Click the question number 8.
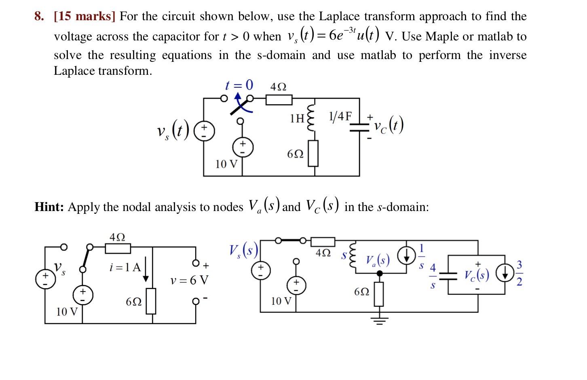coord(39,16)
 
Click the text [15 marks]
coord(84,16)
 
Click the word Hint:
coord(49,207)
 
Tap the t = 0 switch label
coord(239,85)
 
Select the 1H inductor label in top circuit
coord(297,118)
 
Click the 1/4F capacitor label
coord(340,116)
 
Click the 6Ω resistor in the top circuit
coord(313,154)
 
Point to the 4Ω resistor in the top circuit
coord(279,99)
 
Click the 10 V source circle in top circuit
coord(243,148)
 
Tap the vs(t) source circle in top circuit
coord(204,131)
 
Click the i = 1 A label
coord(125,267)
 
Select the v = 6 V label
coord(189,280)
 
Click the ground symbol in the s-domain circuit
coord(379,321)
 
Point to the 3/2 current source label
coord(519,273)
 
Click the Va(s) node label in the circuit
coord(378,260)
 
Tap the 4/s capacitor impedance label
coord(433,276)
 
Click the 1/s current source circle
coord(406,255)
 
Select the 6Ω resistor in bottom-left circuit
coord(151,301)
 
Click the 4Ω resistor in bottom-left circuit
coord(118,248)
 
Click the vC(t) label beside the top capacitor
coord(389,125)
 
